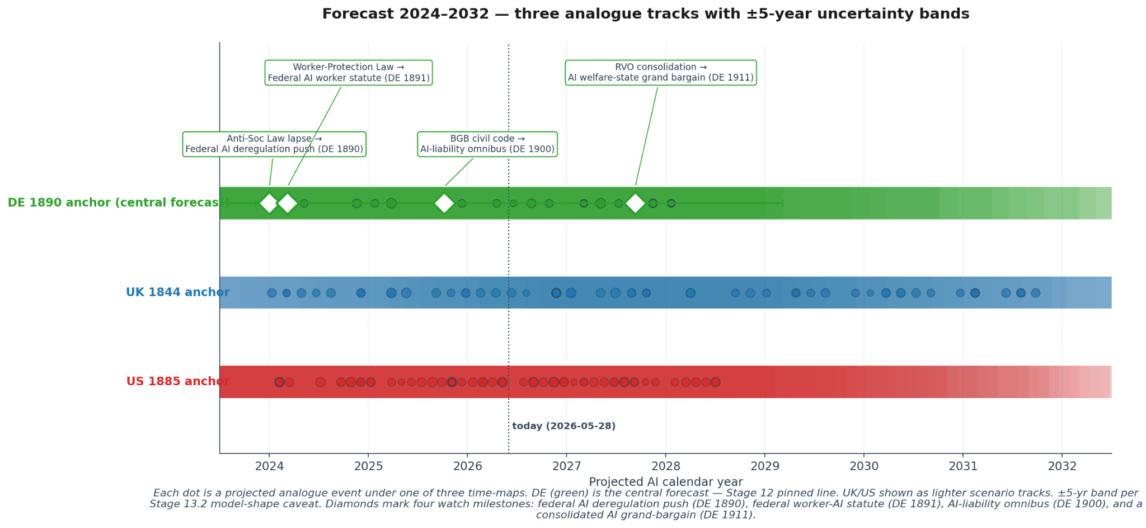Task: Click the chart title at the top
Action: pos(645,14)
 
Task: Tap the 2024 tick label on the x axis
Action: pos(269,466)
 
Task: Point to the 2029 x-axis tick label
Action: pos(765,466)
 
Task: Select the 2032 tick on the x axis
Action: pos(1062,466)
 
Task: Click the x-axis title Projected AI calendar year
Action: pos(666,482)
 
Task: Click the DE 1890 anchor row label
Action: pos(118,203)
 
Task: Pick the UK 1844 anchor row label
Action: pos(177,292)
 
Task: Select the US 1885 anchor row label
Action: pos(177,381)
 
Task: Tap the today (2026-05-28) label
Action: pos(564,426)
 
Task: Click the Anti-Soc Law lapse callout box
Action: pos(274,144)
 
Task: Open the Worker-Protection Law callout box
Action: pos(349,73)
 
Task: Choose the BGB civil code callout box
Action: pos(487,144)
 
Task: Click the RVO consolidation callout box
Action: pos(661,73)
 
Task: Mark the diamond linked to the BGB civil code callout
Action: pos(444,203)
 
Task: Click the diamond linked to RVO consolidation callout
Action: pos(635,203)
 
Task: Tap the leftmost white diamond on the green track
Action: pos(269,203)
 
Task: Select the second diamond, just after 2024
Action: pos(288,203)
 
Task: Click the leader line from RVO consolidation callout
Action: pos(646,135)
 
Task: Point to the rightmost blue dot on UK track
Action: pos(1036,293)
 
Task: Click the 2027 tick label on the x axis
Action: pos(567,466)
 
